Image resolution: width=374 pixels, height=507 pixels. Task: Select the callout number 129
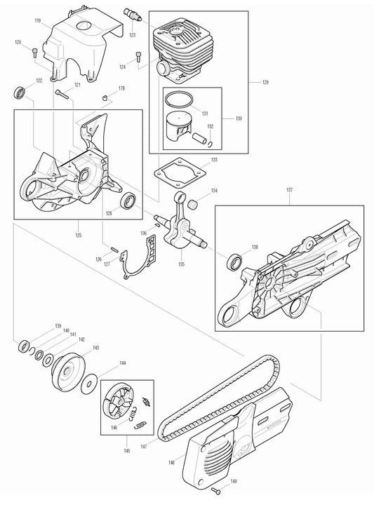pos(265,83)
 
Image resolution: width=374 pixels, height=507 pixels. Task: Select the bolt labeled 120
pos(36,52)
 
